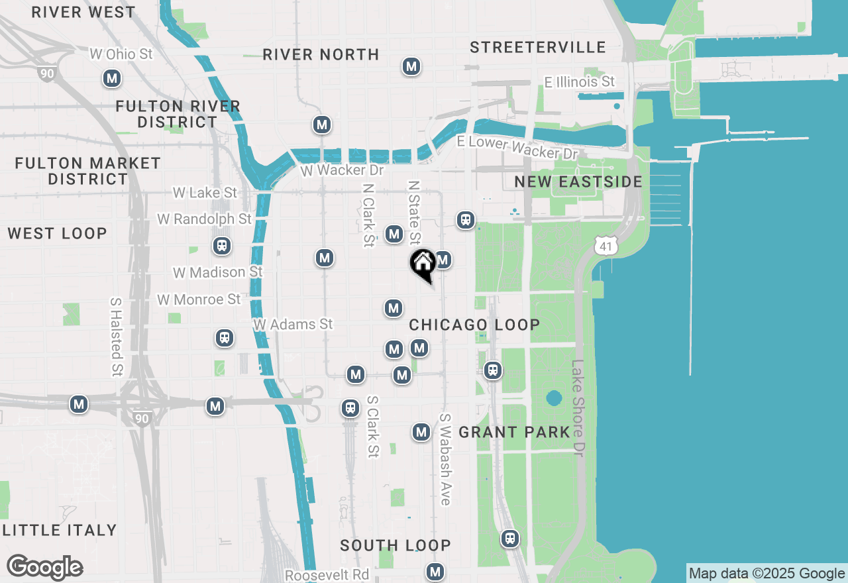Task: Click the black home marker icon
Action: [423, 264]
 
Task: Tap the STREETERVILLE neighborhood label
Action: [538, 47]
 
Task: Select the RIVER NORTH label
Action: [321, 54]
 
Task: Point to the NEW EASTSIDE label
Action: [578, 182]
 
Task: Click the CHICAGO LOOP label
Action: [474, 325]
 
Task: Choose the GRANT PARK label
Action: [514, 432]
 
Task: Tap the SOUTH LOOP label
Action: [395, 545]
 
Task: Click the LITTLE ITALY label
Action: [60, 530]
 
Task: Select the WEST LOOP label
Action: [57, 233]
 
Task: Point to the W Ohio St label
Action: [121, 54]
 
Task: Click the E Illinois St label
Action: [579, 81]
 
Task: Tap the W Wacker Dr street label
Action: [342, 170]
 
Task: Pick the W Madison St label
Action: [217, 272]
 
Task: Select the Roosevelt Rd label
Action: [327, 574]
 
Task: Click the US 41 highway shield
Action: [606, 246]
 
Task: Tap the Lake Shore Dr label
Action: [579, 407]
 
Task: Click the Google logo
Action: [44, 568]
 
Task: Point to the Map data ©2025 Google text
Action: [767, 574]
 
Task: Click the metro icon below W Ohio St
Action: [112, 79]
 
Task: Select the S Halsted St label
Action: [117, 337]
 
